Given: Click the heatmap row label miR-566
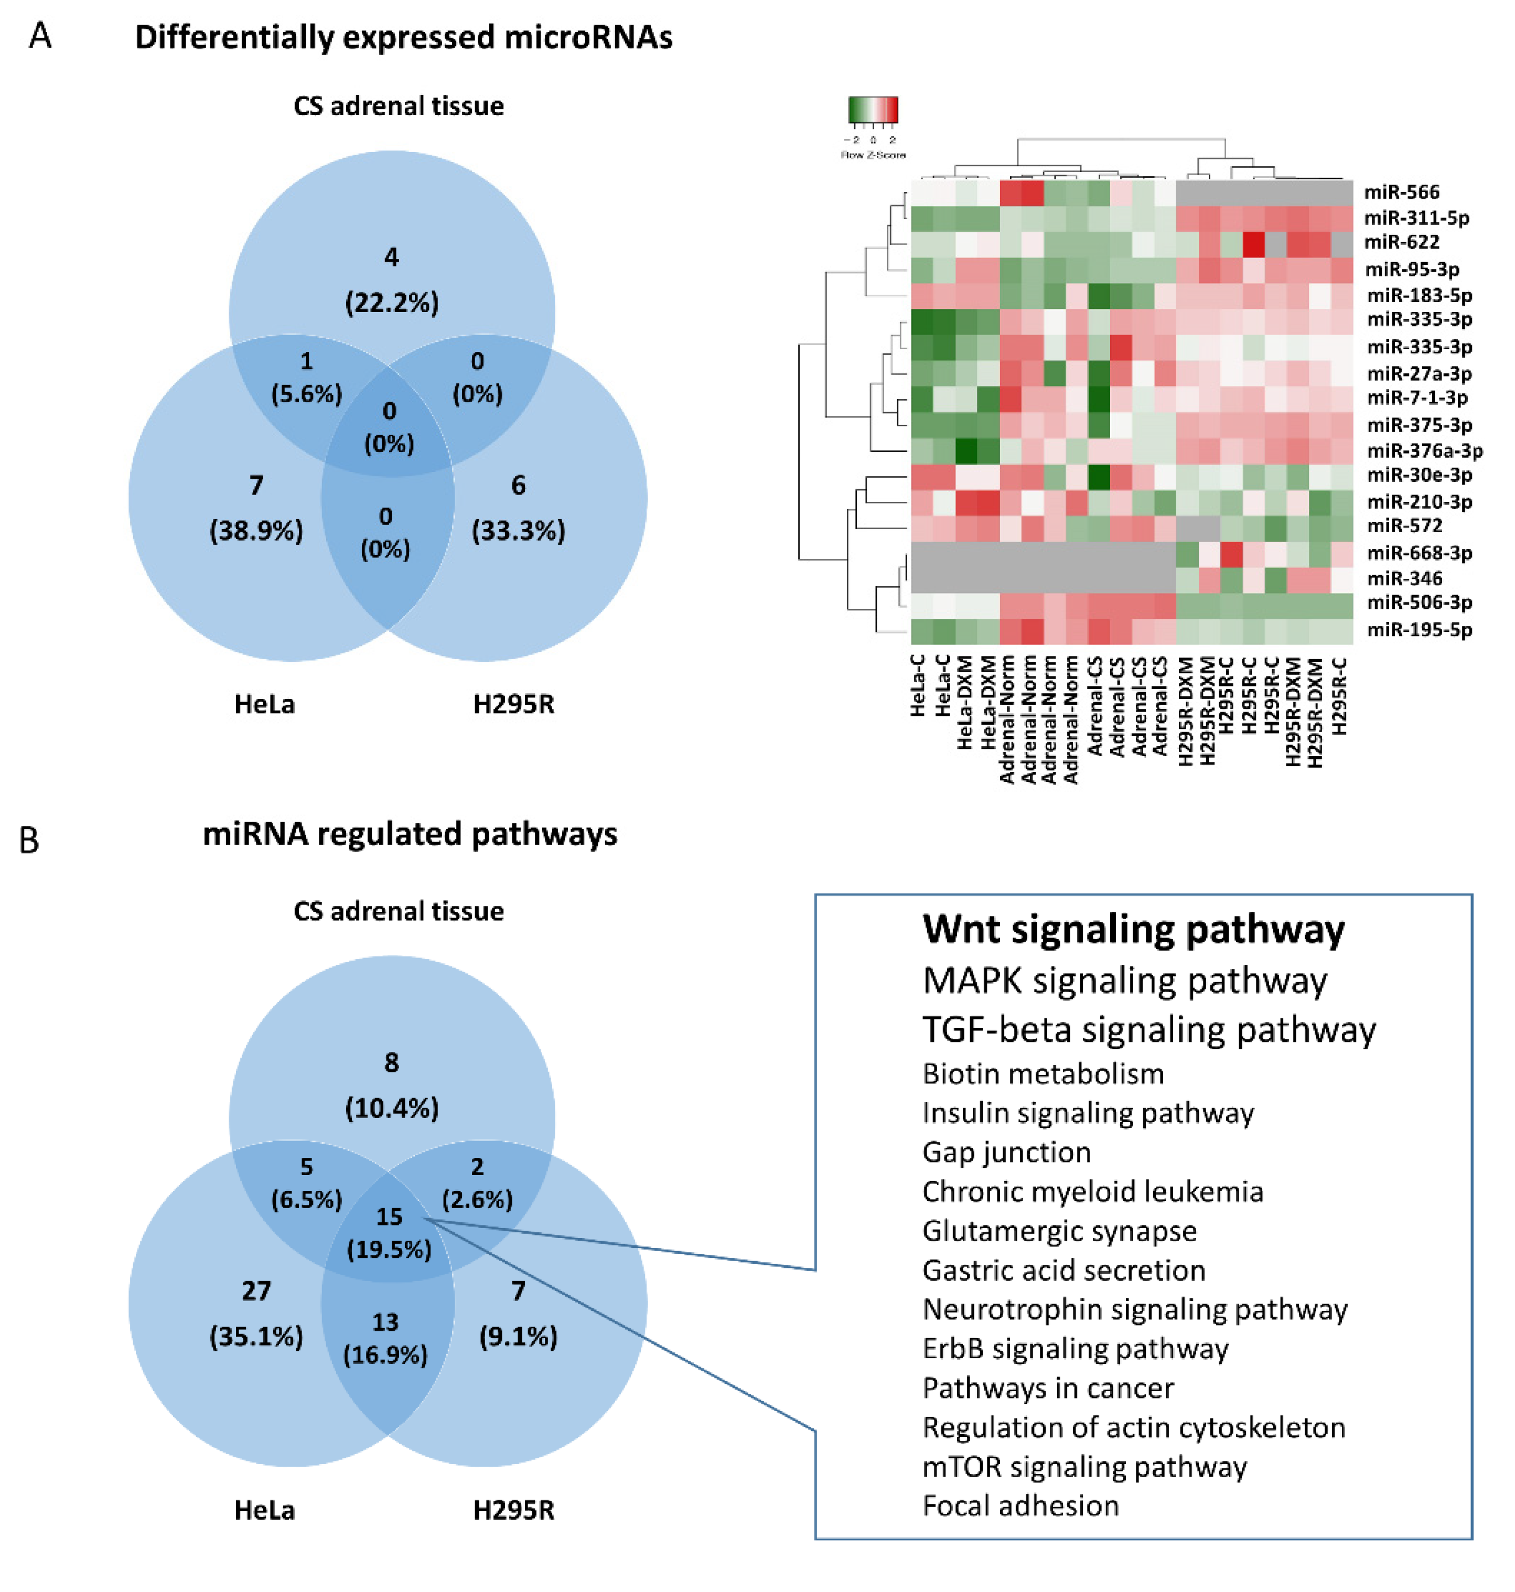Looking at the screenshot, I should click(x=1401, y=192).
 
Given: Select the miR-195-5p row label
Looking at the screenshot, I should click(x=1419, y=630).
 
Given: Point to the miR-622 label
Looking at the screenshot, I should click(x=1401, y=242).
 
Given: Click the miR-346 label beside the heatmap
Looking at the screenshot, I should click(x=1401, y=578).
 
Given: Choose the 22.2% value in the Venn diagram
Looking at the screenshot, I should click(x=392, y=303).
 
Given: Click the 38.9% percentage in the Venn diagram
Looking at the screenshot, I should click(x=256, y=531).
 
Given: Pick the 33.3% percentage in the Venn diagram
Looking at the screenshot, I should click(x=519, y=531).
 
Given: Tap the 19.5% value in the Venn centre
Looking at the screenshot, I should click(x=389, y=1250).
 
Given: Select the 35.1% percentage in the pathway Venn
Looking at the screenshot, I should click(x=256, y=1337).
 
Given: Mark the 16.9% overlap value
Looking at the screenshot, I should click(x=385, y=1354).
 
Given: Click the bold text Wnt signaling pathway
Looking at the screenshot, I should click(x=1133, y=930).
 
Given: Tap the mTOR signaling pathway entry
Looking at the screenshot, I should click(x=1084, y=1466).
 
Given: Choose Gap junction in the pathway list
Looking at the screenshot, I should click(x=1006, y=1152).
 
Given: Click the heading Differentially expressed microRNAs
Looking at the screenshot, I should click(x=404, y=37).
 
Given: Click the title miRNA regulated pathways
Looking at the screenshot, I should click(x=410, y=834).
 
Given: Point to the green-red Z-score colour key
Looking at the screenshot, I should click(x=873, y=110).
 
